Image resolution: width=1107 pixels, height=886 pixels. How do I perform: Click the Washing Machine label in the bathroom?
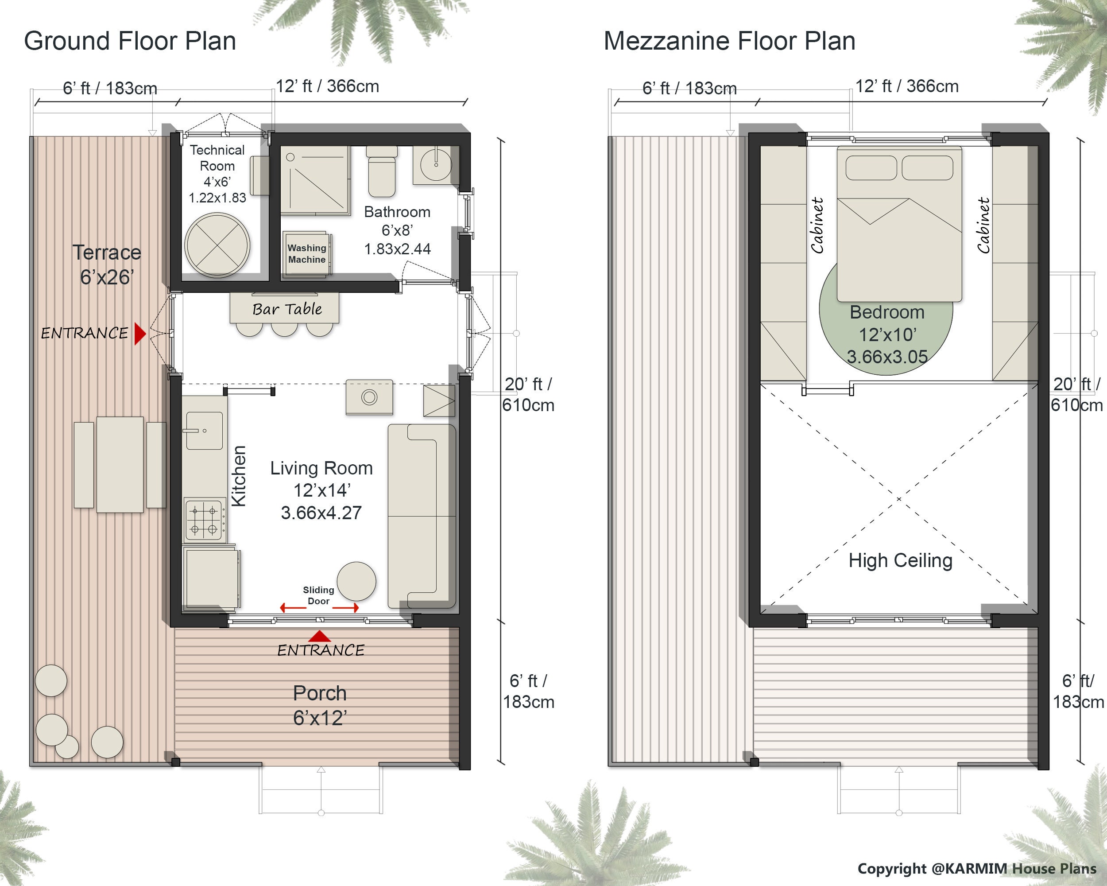[306, 254]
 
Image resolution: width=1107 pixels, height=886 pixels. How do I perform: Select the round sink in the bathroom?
[435, 164]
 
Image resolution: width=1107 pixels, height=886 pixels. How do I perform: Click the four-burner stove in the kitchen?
[205, 519]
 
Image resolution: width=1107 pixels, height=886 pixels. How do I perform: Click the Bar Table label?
[287, 309]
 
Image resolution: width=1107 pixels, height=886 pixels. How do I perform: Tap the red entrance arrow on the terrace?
[139, 333]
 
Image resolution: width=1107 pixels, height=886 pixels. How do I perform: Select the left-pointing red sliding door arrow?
[293, 608]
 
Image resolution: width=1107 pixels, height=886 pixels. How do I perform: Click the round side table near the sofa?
[356, 581]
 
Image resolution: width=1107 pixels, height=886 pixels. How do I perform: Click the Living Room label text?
[321, 468]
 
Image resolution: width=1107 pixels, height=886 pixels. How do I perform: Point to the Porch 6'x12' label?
[319, 705]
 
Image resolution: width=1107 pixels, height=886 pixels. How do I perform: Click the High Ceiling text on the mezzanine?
[900, 560]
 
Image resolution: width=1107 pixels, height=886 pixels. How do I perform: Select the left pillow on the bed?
[871, 168]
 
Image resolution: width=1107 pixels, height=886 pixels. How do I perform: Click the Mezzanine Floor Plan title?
[729, 41]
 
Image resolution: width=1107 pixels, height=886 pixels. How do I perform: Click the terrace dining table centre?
[120, 464]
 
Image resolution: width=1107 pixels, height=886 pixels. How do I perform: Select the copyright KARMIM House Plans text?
[976, 869]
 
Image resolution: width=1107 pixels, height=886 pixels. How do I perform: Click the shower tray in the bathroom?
[315, 180]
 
